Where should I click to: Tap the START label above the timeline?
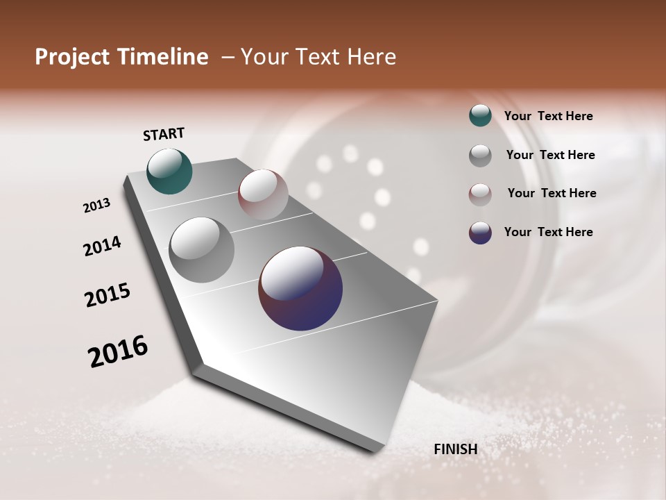click(x=164, y=134)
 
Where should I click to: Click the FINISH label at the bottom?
click(x=456, y=449)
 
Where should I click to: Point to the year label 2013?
click(x=96, y=206)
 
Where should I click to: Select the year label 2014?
click(x=102, y=246)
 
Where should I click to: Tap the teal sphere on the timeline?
click(x=170, y=172)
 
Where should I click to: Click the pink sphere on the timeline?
click(x=263, y=194)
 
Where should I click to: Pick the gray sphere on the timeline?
click(x=202, y=249)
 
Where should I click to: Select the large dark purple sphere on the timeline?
click(x=300, y=288)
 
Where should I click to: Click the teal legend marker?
click(x=480, y=116)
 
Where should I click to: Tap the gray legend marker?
click(x=480, y=155)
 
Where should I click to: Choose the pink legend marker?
click(x=480, y=194)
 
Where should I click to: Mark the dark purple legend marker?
click(x=480, y=233)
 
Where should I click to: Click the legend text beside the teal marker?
click(x=548, y=117)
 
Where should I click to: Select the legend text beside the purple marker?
click(x=548, y=232)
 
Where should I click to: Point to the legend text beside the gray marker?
click(x=550, y=155)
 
